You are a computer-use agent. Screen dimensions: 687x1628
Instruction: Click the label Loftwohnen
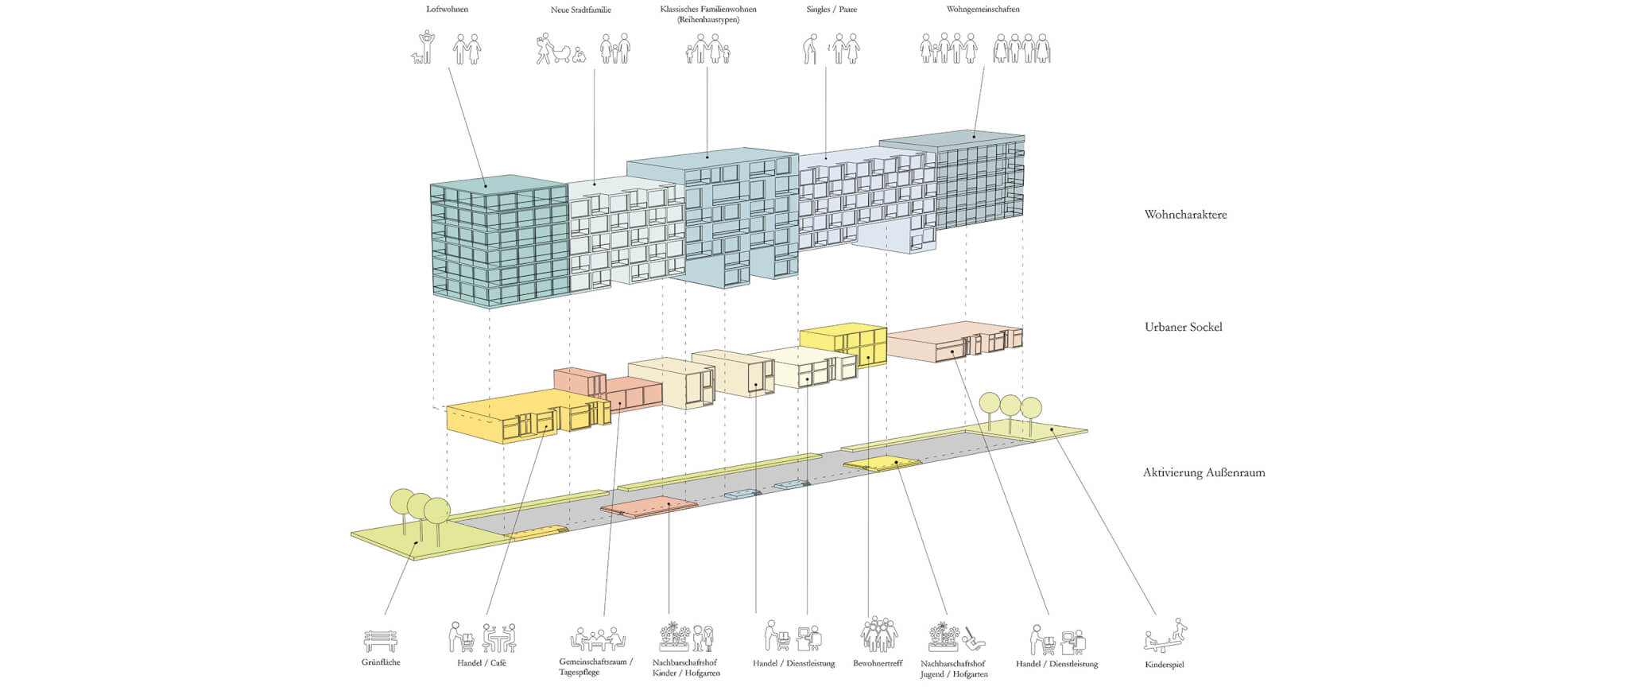point(447,10)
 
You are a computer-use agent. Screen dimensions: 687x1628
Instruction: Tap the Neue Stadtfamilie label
point(580,10)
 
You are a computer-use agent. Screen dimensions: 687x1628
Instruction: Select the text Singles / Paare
point(831,10)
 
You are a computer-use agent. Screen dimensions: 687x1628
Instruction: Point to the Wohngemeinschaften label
point(983,10)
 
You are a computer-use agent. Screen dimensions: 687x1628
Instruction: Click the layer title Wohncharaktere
point(1185,215)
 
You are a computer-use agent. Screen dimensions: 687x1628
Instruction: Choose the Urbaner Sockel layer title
point(1183,327)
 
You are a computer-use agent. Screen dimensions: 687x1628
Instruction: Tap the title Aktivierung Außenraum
point(1204,472)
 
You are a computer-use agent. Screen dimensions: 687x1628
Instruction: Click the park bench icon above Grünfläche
point(380,640)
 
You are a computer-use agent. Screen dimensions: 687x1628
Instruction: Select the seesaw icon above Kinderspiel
point(1165,637)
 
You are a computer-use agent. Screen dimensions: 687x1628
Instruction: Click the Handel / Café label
point(481,663)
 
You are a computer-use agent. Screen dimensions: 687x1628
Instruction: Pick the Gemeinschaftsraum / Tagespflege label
point(595,667)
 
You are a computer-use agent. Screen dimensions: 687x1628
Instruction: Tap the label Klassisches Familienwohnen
point(707,10)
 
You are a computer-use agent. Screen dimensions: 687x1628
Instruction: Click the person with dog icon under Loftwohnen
point(424,48)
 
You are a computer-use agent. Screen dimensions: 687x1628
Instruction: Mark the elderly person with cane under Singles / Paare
point(810,49)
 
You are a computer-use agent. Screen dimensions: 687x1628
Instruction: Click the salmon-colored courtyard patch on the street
point(648,506)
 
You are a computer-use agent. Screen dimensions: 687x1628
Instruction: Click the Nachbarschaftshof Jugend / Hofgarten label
point(953,669)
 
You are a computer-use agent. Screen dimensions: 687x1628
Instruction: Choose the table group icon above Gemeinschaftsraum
point(598,638)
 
